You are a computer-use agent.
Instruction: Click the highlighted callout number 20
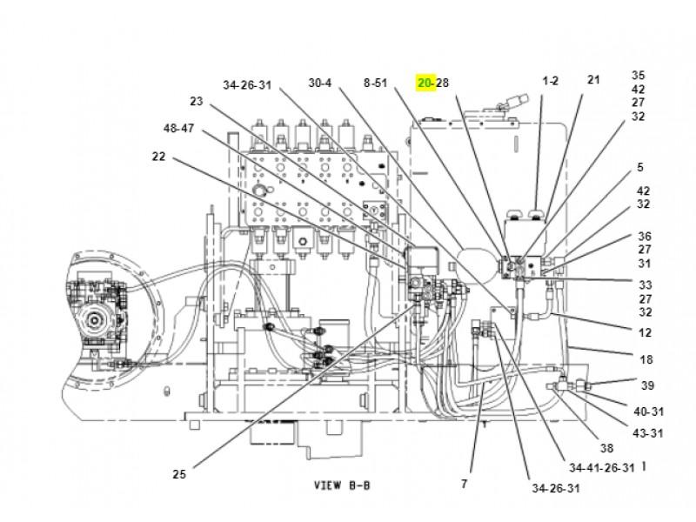coord(425,83)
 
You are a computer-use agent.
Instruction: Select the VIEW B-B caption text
coord(342,485)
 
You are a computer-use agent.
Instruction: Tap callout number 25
coord(179,474)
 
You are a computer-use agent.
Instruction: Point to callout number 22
coord(158,157)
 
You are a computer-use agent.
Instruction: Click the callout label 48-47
coord(178,128)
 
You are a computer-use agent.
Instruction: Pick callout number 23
coord(197,101)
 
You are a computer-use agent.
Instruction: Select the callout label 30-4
coord(319,83)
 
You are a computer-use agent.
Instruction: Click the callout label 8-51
coord(376,83)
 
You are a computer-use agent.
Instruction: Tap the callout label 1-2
coord(551,81)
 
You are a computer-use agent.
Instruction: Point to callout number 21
coord(593,79)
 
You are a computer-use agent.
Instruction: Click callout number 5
coord(640,167)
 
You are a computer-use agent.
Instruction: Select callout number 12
coord(645,332)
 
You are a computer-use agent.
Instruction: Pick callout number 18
coord(646,359)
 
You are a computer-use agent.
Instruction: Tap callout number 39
coord(647,385)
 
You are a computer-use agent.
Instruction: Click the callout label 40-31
coord(648,412)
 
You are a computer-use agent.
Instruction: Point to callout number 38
coord(606,448)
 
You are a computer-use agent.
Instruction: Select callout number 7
coord(464,484)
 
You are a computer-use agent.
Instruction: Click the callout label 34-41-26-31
coord(602,468)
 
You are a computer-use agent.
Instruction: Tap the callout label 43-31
coord(648,432)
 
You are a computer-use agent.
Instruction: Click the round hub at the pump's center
coord(94,319)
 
